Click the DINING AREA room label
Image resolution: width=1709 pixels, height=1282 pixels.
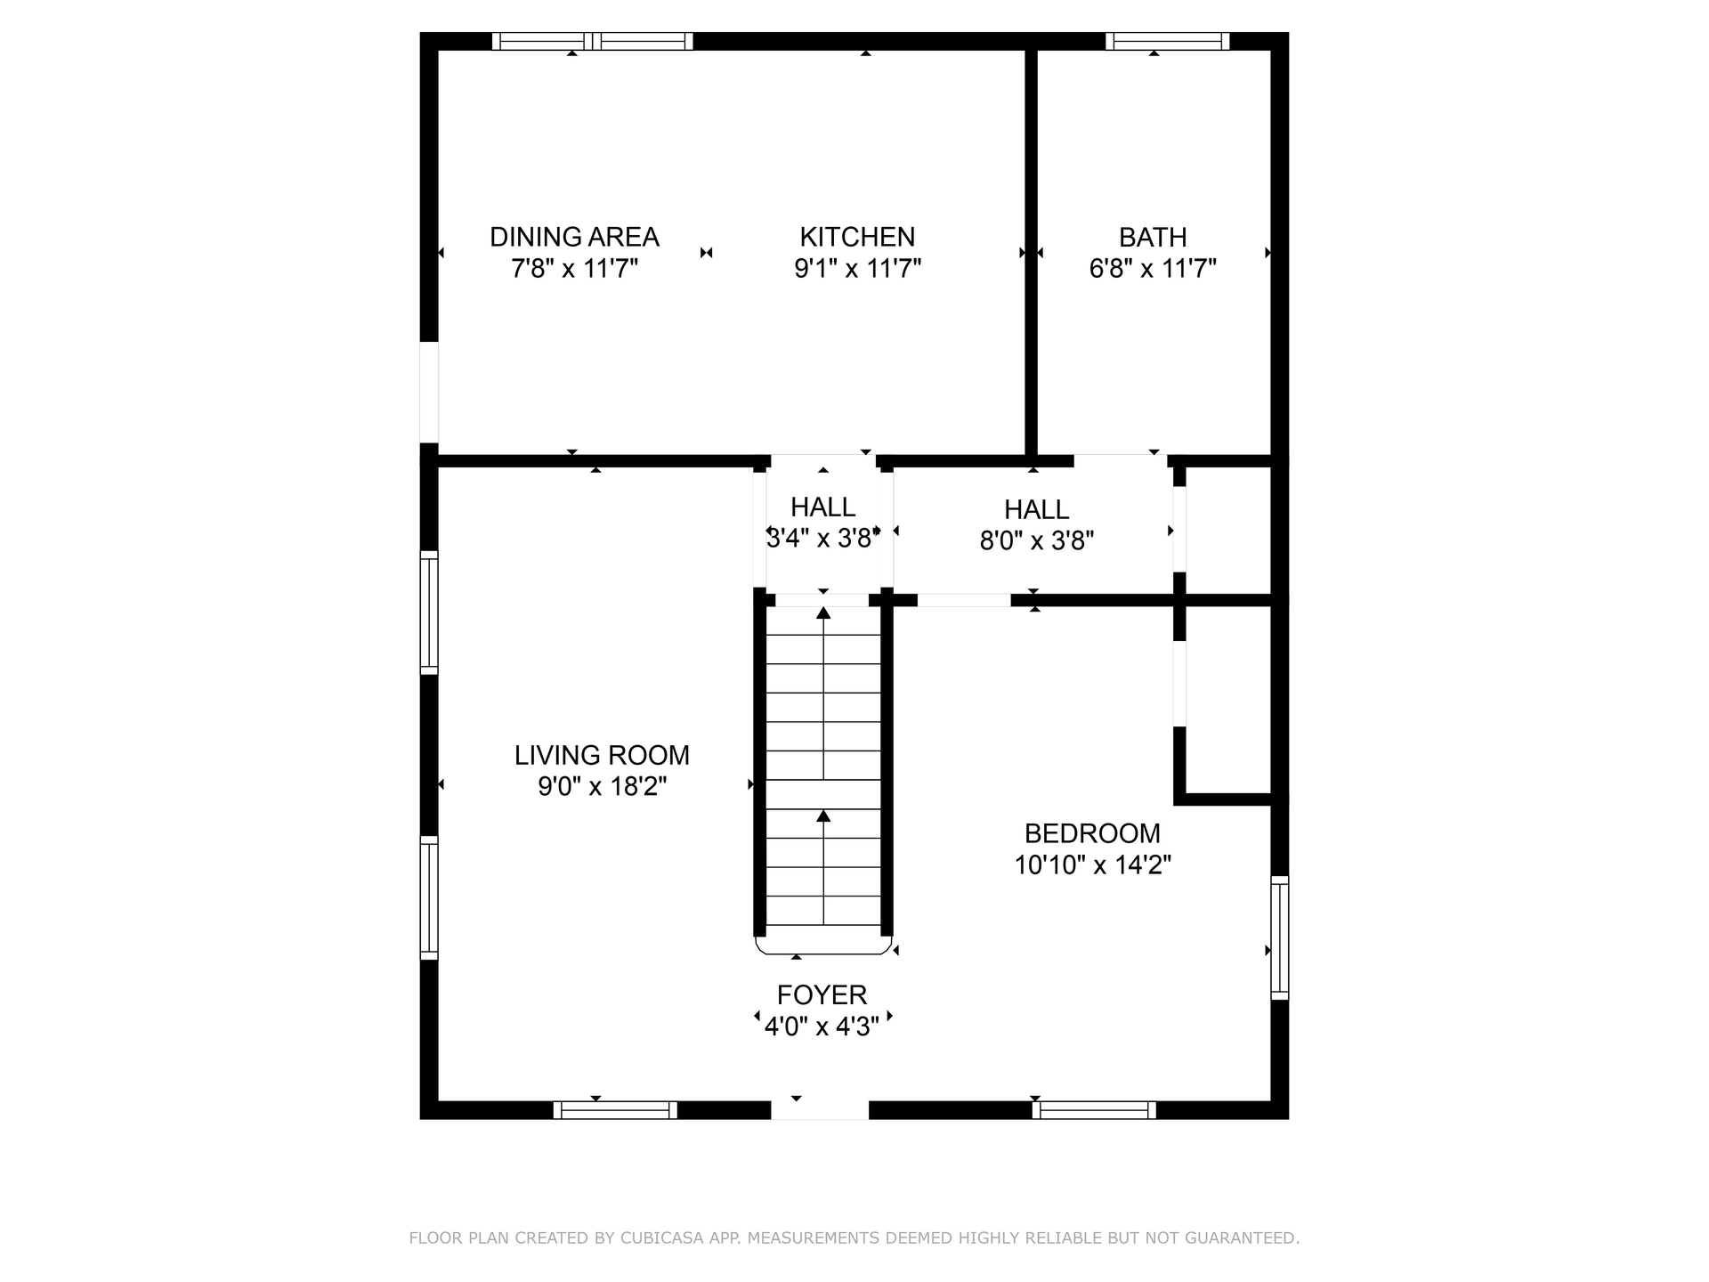(x=574, y=237)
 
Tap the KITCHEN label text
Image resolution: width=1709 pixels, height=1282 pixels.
(x=857, y=237)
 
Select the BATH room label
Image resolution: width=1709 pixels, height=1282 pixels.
(x=1153, y=238)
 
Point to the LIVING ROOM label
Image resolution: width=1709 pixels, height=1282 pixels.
(x=602, y=755)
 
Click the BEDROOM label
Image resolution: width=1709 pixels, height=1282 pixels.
(x=1092, y=833)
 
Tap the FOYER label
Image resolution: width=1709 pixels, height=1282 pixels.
(x=822, y=995)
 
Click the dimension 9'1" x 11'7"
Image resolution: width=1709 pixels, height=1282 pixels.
(x=857, y=268)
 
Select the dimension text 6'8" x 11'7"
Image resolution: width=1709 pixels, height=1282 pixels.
(x=1153, y=268)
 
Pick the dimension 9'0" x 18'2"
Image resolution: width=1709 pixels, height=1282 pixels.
(x=602, y=786)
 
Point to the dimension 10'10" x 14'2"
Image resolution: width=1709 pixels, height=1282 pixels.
(x=1092, y=864)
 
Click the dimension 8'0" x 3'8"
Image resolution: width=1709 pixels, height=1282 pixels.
(x=1036, y=540)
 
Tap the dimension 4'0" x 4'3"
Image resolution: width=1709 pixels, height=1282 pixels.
(x=822, y=1026)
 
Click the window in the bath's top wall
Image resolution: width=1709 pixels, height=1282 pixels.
(x=1168, y=41)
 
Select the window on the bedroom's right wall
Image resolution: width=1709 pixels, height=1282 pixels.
(x=1279, y=937)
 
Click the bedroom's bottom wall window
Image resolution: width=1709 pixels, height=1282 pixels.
(x=1094, y=1110)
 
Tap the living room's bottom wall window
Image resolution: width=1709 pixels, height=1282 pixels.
(x=615, y=1110)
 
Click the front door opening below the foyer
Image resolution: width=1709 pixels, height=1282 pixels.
(x=820, y=1110)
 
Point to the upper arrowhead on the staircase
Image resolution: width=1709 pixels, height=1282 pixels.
(x=823, y=613)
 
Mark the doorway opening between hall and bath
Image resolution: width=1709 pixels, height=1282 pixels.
(x=1121, y=460)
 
